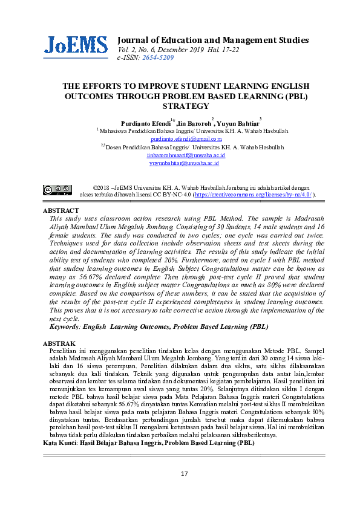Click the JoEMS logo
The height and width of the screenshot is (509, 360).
point(75,45)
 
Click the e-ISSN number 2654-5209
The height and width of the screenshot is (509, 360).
point(157,57)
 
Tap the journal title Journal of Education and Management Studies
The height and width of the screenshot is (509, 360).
point(213,40)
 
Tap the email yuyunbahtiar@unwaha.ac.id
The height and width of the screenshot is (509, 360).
point(185,163)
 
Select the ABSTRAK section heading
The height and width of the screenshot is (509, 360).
point(59,343)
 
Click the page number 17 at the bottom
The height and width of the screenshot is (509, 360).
point(185,490)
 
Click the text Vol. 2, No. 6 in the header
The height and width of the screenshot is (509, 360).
point(136,49)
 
